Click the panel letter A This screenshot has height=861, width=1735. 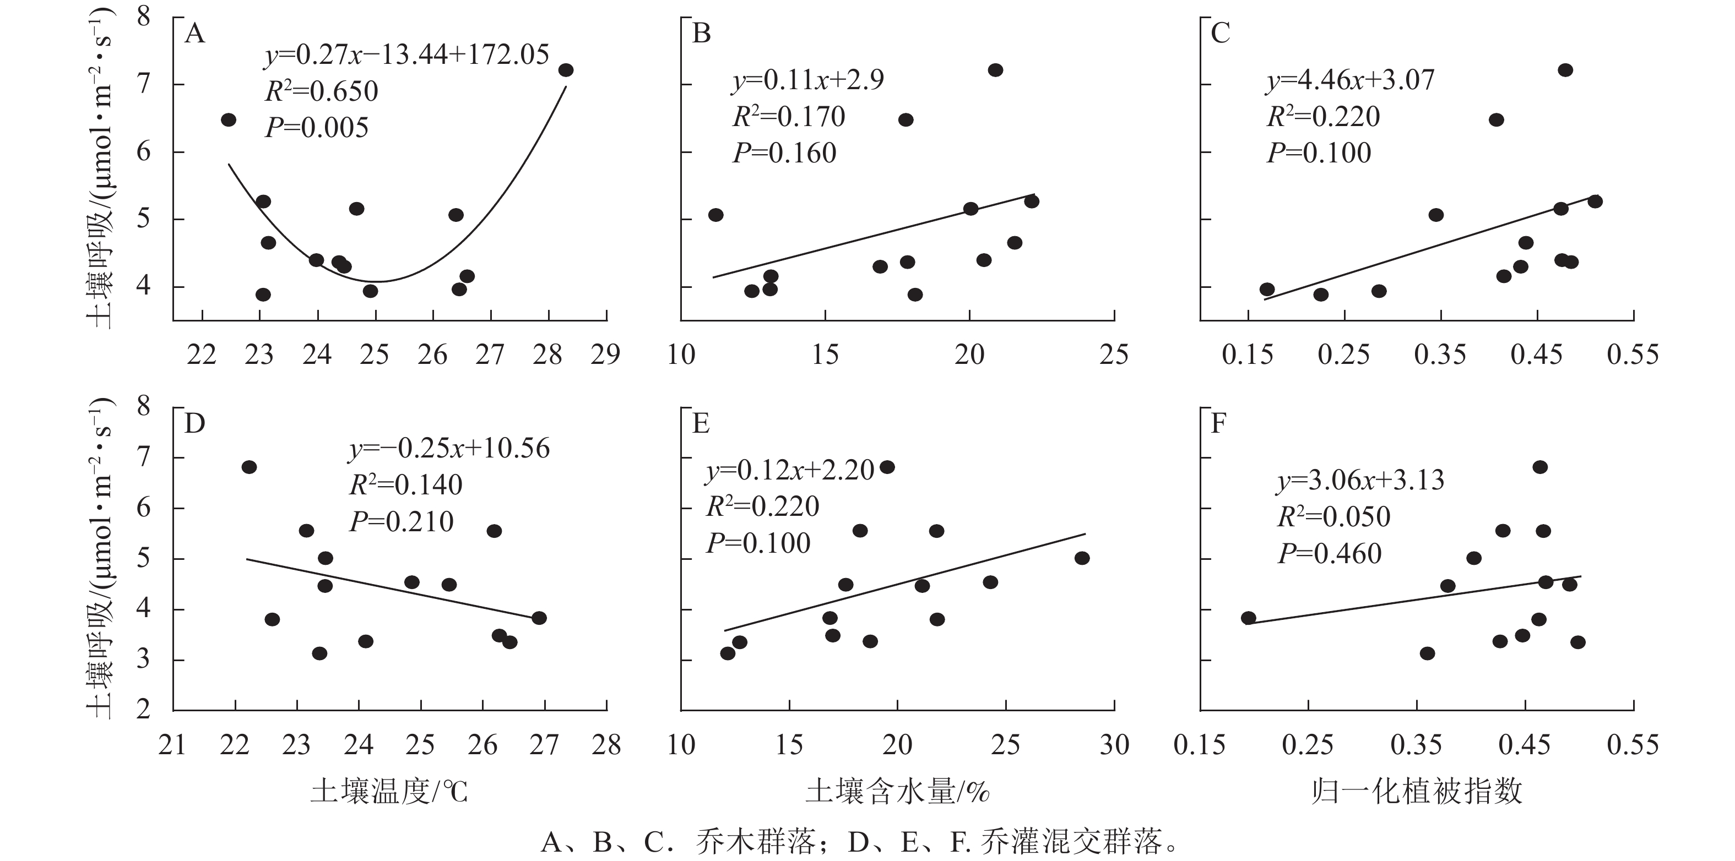194,34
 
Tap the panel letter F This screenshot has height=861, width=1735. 1218,424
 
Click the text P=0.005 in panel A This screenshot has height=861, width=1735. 317,128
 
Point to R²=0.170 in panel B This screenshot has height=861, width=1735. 789,117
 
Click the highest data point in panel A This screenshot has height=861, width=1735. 566,70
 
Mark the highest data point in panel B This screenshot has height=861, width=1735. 995,70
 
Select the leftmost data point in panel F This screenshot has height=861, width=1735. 1248,618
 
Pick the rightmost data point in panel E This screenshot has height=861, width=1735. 1082,558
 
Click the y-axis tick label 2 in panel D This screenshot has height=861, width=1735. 143,710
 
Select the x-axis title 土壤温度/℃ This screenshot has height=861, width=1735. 389,792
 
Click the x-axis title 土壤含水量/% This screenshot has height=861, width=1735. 898,792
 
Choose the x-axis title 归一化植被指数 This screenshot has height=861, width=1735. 1417,792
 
